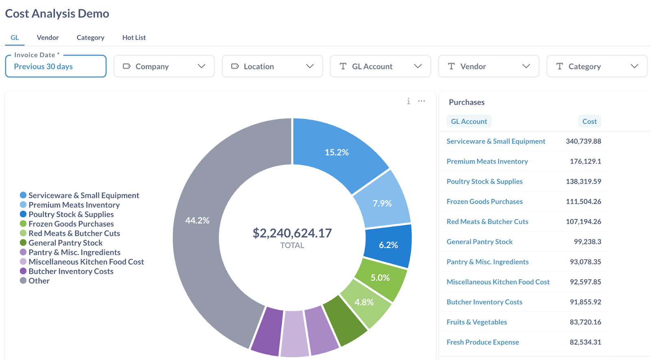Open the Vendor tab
point(48,37)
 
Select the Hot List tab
point(134,37)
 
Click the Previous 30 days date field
point(56,66)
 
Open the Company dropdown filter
point(164,66)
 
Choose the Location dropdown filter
point(272,66)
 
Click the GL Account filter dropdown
point(380,66)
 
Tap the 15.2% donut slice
point(336,152)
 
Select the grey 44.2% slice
point(197,220)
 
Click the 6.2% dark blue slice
point(388,245)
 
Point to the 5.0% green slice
point(380,278)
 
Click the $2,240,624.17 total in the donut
point(292,233)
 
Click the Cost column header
point(589,121)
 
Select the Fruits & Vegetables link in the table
point(476,322)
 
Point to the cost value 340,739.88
point(583,141)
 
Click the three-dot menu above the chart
point(422,101)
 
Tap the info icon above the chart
point(409,101)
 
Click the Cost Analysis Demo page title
point(57,13)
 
